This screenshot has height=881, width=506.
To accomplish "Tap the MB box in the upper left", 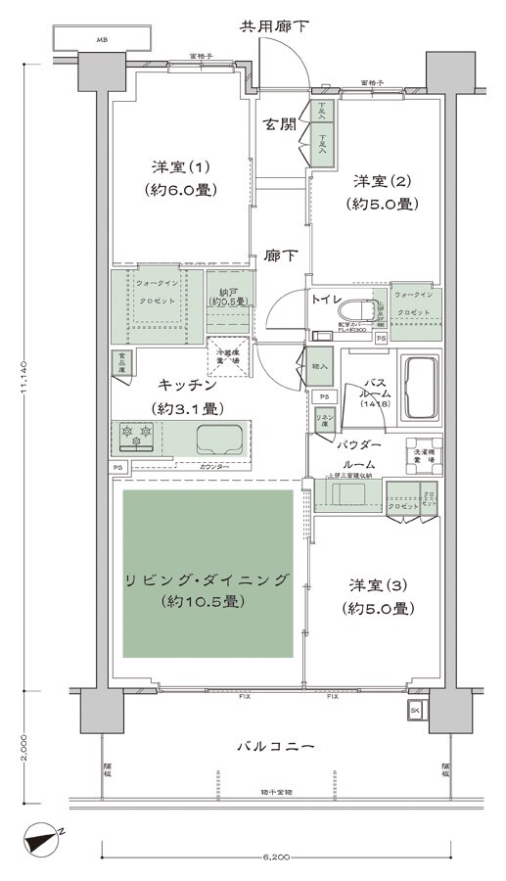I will (103, 40).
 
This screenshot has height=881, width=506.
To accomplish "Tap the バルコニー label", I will (276, 747).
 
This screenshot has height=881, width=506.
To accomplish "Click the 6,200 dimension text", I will (275, 858).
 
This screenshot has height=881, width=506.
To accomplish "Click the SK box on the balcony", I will (415, 709).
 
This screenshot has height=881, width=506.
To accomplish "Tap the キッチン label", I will (177, 386).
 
